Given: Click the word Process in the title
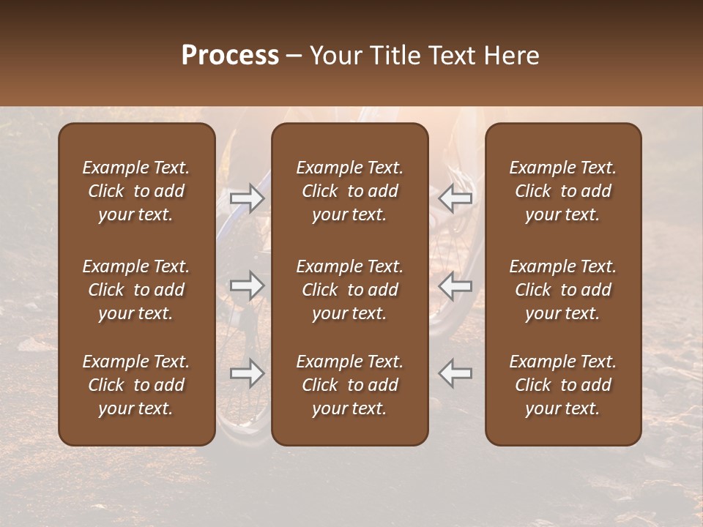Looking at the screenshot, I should (230, 56).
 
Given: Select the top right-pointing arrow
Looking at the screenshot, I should (247, 198).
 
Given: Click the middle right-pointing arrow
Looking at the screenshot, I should (247, 285).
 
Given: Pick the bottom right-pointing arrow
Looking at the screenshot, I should (247, 373).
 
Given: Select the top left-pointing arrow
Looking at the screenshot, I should (455, 198).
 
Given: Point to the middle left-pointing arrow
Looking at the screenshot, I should (455, 285).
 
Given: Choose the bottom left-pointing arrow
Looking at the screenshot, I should (455, 373).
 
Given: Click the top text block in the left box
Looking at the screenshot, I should (136, 191).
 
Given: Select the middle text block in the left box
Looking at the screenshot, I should (136, 290).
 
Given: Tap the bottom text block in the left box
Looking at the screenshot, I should (136, 385).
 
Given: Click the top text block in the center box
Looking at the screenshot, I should (350, 191).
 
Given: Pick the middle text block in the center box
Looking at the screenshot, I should (350, 290).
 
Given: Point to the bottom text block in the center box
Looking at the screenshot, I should (350, 385).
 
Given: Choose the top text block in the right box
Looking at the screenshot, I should (563, 191).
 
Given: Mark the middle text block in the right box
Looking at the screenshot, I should (563, 290).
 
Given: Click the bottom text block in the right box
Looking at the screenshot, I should (563, 385).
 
